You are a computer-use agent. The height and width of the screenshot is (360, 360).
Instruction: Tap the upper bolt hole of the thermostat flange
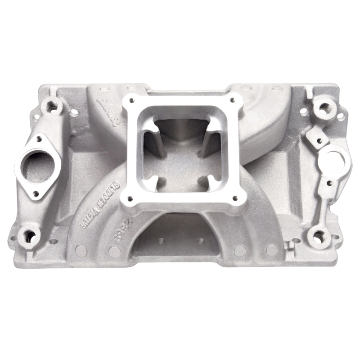click(39, 139)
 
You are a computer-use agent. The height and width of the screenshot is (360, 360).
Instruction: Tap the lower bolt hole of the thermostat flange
click(36, 194)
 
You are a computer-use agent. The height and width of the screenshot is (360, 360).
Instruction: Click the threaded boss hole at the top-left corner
click(51, 107)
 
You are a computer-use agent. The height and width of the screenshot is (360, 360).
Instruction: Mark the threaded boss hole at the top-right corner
click(324, 108)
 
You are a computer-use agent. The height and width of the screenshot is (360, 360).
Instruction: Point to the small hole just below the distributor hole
click(329, 183)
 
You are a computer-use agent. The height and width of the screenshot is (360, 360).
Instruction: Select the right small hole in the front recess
click(201, 241)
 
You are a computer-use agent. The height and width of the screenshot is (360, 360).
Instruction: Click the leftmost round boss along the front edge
click(81, 250)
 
